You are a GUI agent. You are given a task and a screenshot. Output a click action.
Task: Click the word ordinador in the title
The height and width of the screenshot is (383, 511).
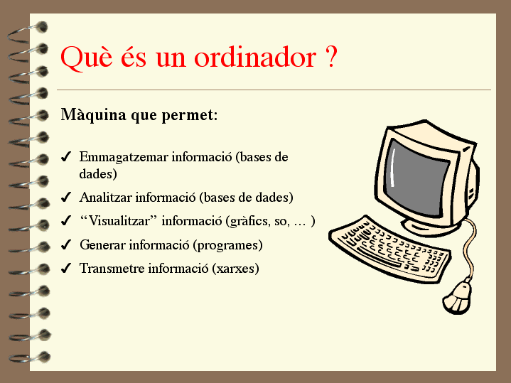coord(255,57)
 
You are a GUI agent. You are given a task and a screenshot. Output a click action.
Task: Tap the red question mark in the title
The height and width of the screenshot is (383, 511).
coord(330,57)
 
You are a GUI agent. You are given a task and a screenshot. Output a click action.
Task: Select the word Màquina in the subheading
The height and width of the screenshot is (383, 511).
coord(94,114)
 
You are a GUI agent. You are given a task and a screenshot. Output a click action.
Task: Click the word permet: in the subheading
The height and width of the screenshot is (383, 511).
coord(190,115)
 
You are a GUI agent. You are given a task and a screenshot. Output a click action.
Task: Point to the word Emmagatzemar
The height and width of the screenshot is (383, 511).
coord(124,157)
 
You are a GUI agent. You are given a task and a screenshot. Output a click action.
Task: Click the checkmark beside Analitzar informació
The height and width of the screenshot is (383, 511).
coord(66,198)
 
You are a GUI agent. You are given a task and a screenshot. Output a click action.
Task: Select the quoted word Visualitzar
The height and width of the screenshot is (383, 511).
coord(119,221)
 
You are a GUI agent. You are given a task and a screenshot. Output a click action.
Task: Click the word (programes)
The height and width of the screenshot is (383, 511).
coord(228,245)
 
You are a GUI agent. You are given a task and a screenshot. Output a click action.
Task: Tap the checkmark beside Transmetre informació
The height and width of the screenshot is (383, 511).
coord(66,269)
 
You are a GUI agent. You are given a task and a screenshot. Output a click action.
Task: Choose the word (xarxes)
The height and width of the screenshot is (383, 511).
coord(236,269)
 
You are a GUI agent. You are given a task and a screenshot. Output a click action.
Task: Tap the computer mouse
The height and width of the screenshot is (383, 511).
coord(457,297)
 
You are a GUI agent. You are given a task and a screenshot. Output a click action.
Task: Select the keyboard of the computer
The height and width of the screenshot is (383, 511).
coord(389,249)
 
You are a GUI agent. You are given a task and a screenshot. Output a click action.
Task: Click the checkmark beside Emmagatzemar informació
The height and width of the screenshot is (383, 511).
coord(66,157)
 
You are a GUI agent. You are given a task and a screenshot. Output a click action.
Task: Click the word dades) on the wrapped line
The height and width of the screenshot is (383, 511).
coord(98,173)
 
